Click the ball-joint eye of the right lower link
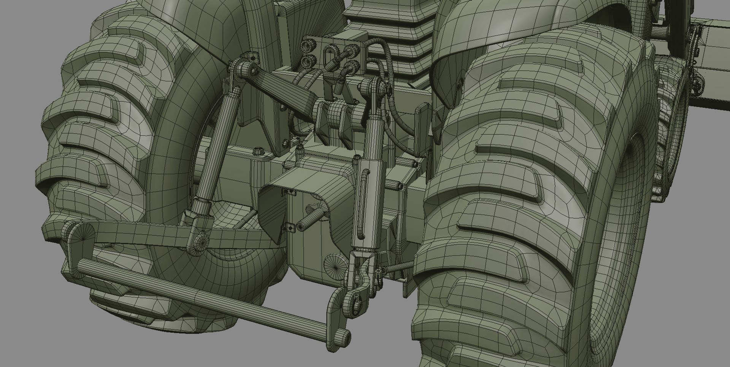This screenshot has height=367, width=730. point(357,304)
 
